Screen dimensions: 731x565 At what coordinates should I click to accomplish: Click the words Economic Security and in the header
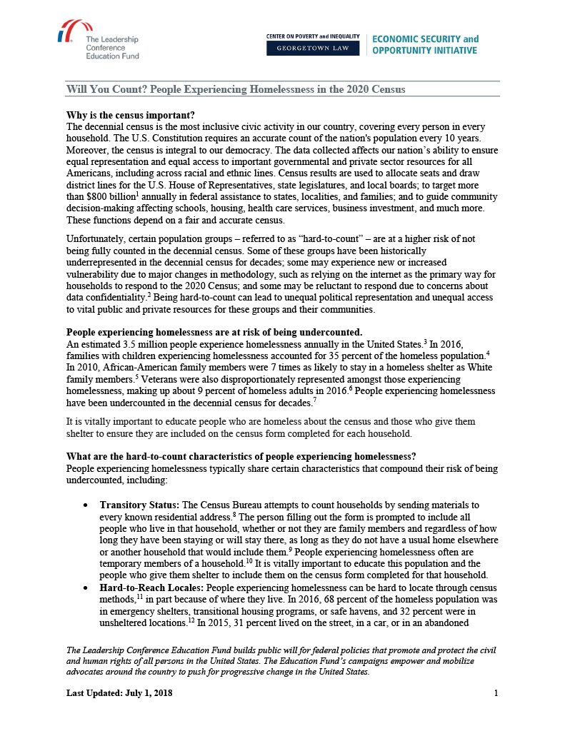tap(424, 39)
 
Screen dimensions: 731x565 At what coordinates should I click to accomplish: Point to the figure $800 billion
tap(107, 196)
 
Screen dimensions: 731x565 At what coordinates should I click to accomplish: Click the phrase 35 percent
tap(369, 355)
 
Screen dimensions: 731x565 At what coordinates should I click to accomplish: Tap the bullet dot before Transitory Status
tap(86, 505)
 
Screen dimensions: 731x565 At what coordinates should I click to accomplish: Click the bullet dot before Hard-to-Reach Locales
tap(86, 588)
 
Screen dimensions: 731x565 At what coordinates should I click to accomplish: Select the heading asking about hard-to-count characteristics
tap(241, 457)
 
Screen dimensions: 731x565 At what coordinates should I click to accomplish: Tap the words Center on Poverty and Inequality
tap(312, 35)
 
